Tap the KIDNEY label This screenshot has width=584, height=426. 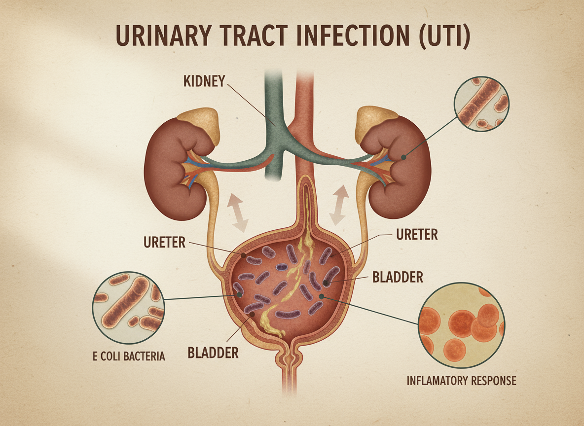click(x=204, y=81)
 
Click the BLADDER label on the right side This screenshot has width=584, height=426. click(x=398, y=277)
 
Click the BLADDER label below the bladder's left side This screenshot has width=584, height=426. click(x=213, y=353)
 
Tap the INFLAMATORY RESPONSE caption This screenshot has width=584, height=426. click(x=461, y=381)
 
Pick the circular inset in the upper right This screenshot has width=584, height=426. click(x=481, y=104)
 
